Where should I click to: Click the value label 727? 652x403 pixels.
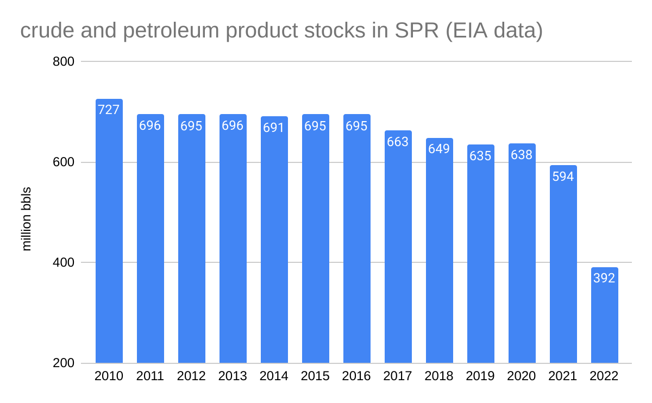click(109, 109)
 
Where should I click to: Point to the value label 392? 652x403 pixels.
click(604, 278)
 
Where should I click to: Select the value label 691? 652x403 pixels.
click(274, 127)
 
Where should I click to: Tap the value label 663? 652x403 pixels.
click(398, 141)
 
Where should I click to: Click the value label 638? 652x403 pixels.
click(522, 155)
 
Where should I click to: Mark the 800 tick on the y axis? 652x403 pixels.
click(64, 62)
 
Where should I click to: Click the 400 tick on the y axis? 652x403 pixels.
click(64, 263)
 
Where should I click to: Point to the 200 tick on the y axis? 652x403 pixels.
click(64, 363)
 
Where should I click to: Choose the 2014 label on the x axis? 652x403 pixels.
click(274, 376)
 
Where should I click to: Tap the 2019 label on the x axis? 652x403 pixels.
click(480, 376)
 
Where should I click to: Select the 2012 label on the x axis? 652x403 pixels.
click(192, 376)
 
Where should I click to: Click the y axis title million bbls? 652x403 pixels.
click(27, 219)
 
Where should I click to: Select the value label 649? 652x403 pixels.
click(439, 148)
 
